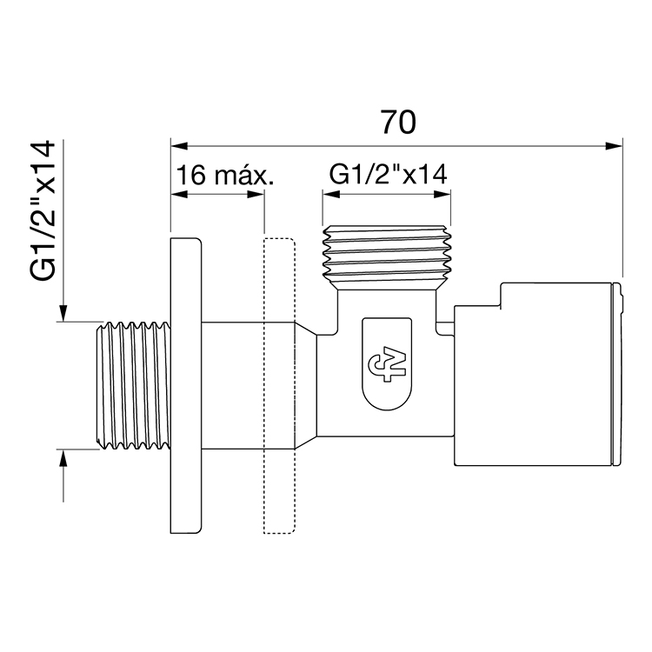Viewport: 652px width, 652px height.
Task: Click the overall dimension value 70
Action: click(397, 123)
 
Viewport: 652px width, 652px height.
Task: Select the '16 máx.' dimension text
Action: click(224, 176)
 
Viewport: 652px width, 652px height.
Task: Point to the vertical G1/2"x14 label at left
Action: click(43, 210)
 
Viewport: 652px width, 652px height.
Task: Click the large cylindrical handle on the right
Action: click(535, 374)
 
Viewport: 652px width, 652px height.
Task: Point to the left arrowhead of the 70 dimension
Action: click(176, 144)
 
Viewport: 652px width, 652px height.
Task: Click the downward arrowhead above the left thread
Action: click(63, 314)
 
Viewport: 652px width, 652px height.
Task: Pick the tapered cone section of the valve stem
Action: click(304, 386)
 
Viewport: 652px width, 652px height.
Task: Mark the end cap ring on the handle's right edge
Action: click(619, 374)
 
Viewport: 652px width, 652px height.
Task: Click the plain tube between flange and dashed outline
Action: click(231, 386)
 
